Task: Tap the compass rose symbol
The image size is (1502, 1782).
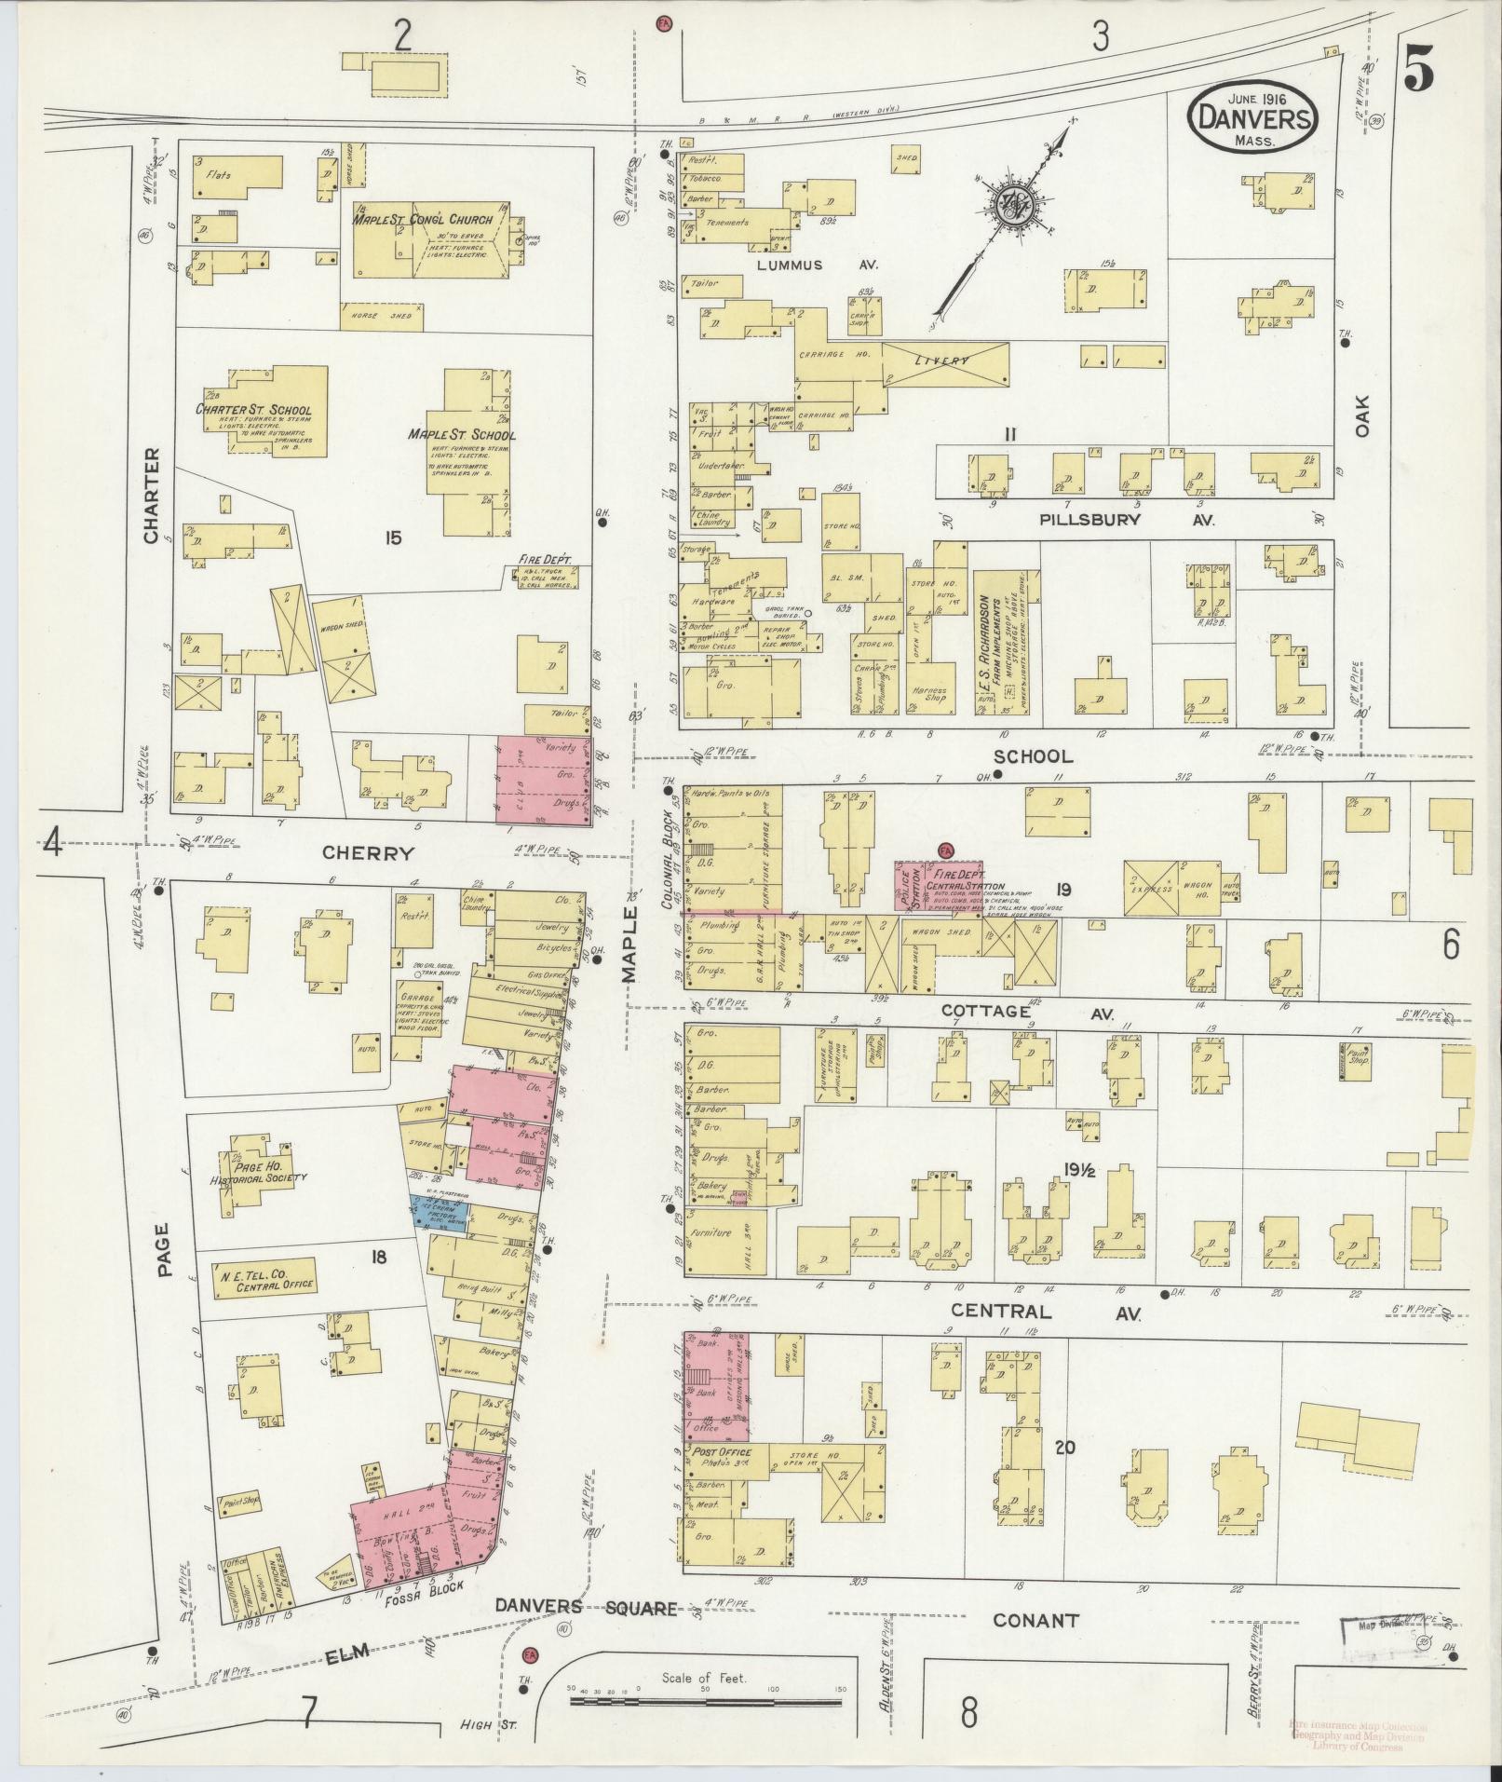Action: pos(1008,211)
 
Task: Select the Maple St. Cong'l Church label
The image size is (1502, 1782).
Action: pos(427,221)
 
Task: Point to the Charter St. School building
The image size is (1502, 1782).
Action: pos(266,411)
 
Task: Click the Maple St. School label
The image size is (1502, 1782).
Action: pos(462,435)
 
